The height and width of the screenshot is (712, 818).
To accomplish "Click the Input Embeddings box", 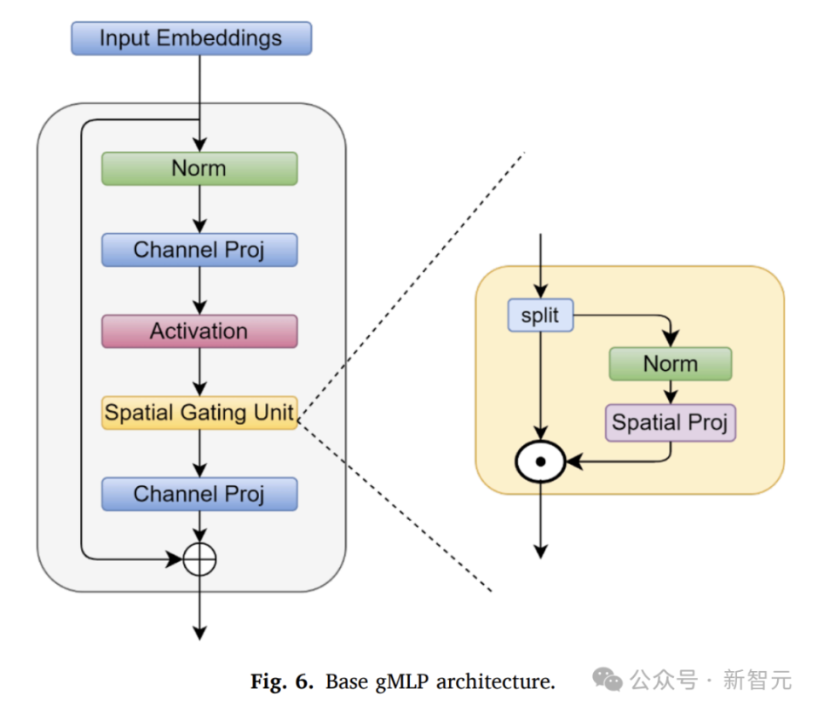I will click(191, 38).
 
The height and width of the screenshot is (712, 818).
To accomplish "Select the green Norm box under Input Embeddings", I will click(199, 168).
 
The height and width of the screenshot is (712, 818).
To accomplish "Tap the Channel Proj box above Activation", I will click(199, 250).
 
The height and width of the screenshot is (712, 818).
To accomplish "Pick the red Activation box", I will click(199, 331).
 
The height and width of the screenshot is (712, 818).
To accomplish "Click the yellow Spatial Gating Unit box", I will click(199, 413).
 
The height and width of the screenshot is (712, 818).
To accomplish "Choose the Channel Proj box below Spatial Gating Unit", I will click(199, 494).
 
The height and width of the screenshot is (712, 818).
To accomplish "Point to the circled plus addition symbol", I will click(199, 560).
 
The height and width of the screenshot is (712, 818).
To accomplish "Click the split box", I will click(540, 315).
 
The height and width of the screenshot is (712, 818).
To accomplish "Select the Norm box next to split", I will click(670, 363).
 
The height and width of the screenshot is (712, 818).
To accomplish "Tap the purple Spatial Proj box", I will click(670, 423).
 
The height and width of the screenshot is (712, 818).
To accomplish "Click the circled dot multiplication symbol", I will click(540, 462).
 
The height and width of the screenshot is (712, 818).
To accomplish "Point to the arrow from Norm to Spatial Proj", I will click(671, 392).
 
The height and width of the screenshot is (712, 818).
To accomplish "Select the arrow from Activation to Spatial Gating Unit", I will click(199, 372).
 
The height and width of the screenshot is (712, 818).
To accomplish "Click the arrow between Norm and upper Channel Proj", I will click(199, 209).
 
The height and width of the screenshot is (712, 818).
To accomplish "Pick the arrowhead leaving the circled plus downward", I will click(199, 632).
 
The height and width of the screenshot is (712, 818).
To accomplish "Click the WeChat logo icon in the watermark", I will click(608, 680).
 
